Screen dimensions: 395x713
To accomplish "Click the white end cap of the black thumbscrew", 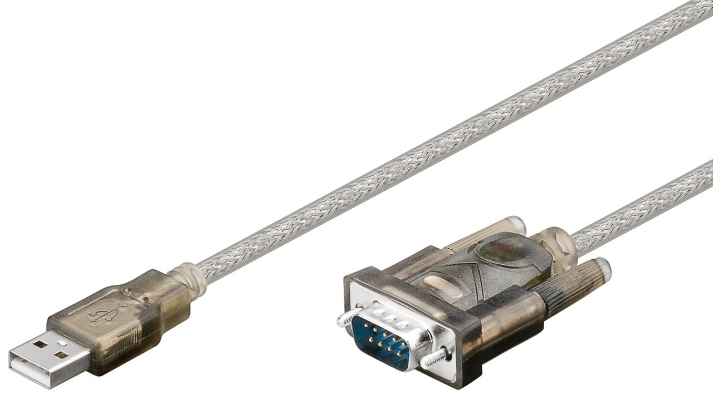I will (x=603, y=269).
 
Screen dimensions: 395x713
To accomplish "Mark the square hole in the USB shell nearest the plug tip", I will (x=40, y=344).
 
